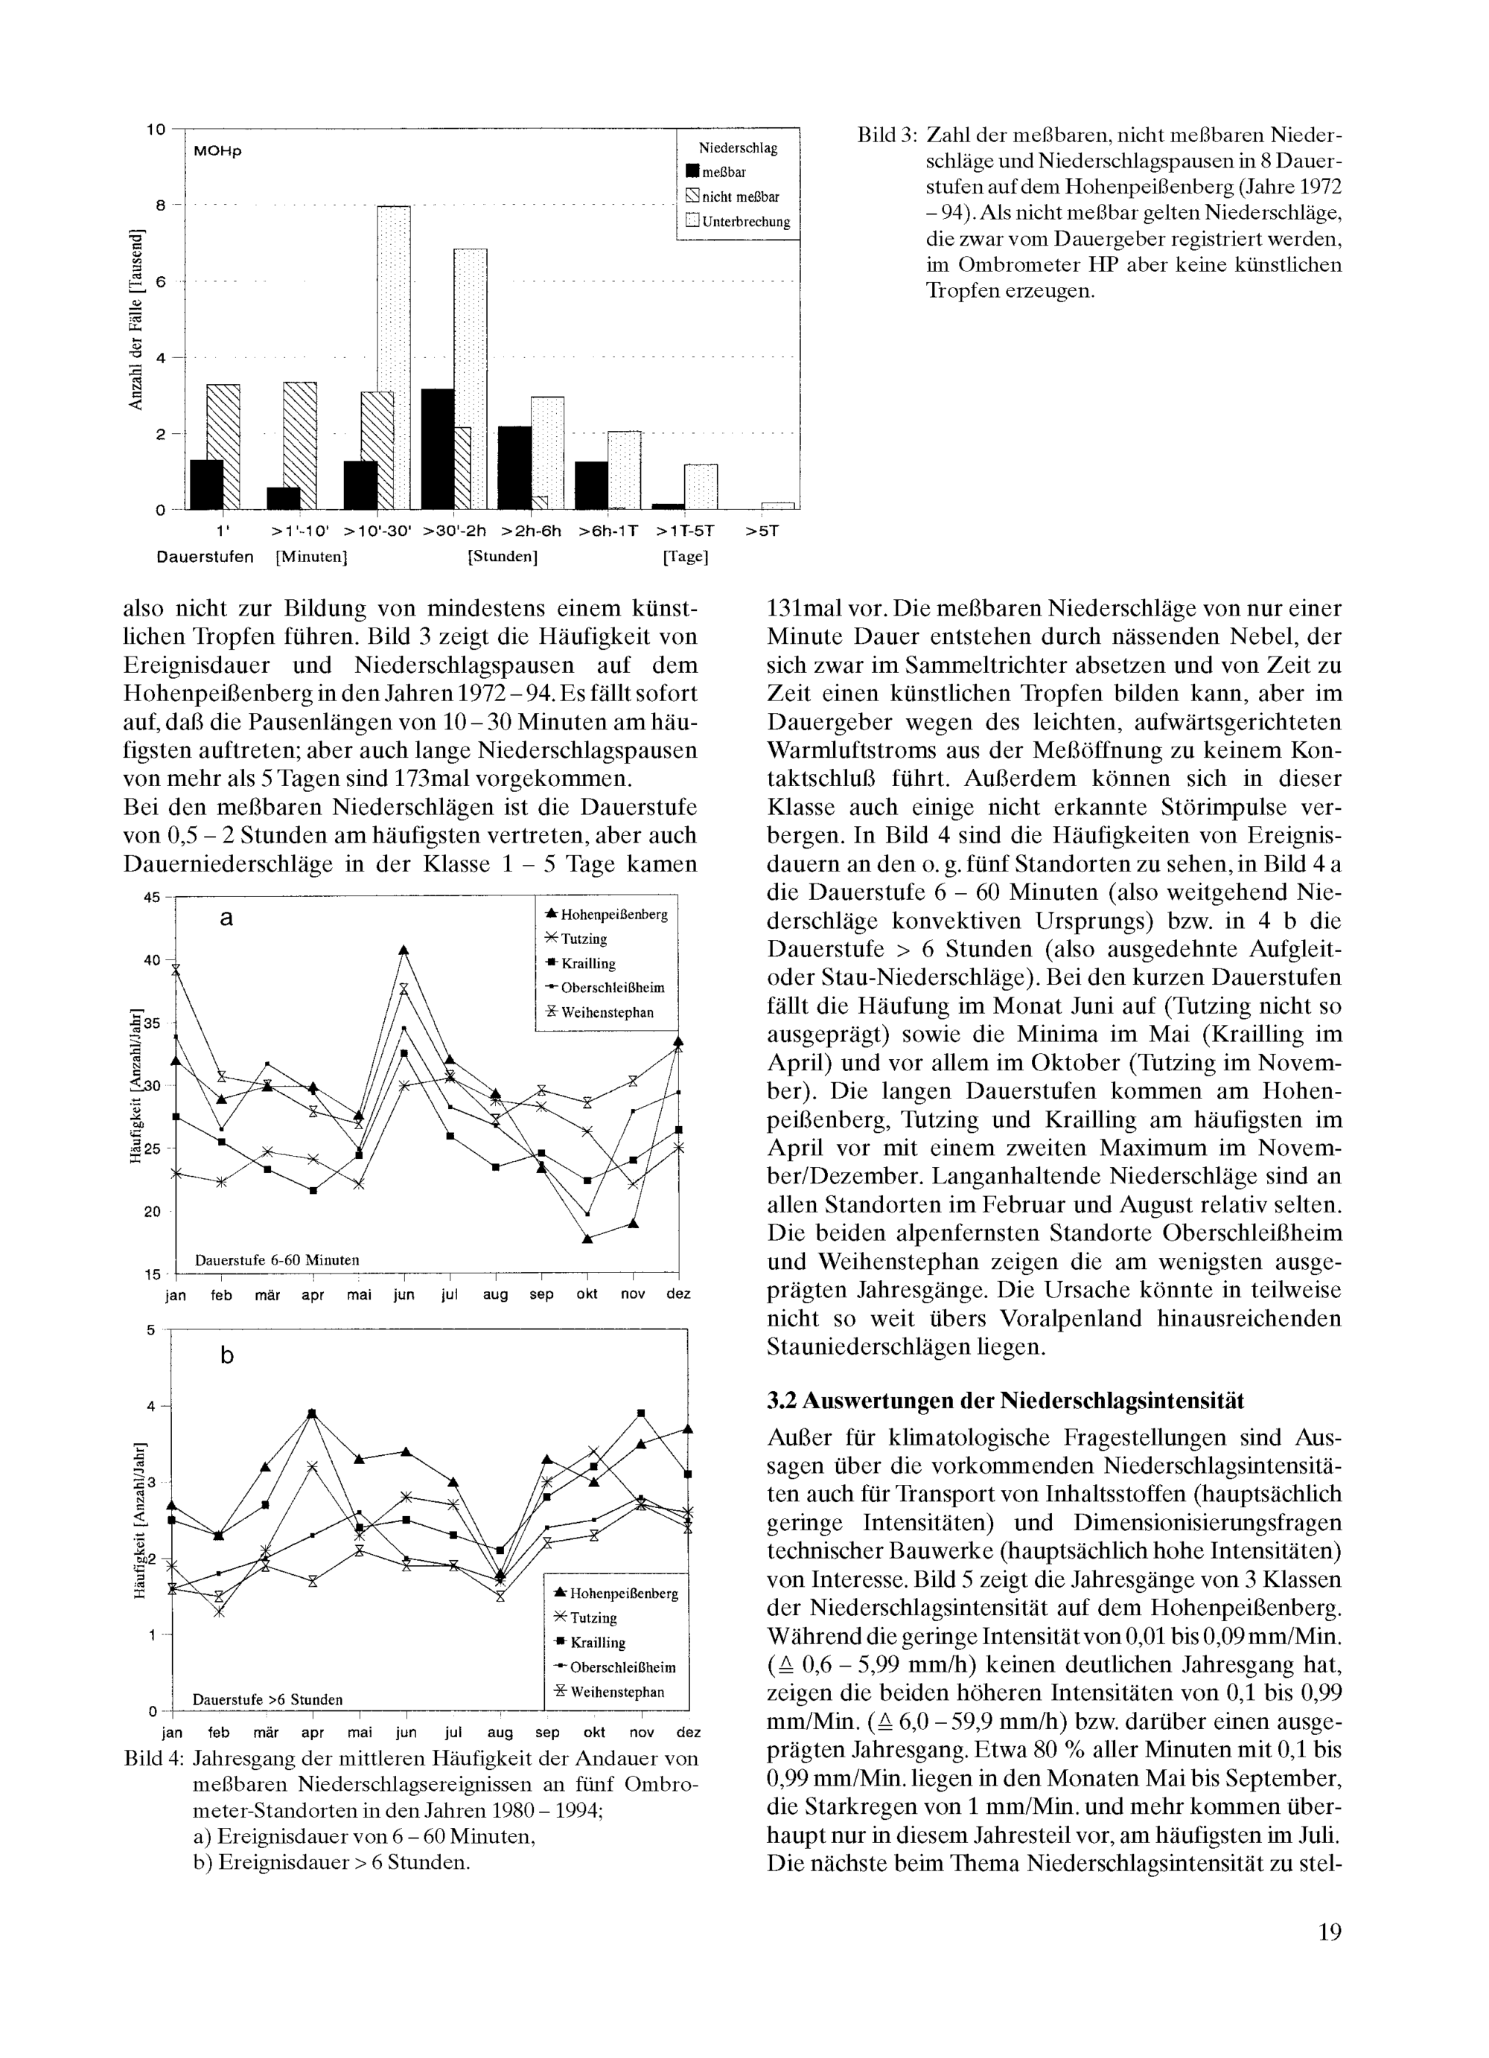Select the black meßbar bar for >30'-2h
tap(439, 449)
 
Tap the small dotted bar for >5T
tap(777, 505)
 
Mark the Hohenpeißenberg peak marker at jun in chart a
tap(404, 950)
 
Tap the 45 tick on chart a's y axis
tap(152, 898)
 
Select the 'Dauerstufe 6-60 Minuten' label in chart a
tap(278, 1259)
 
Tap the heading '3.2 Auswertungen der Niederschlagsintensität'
tap(1005, 1400)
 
